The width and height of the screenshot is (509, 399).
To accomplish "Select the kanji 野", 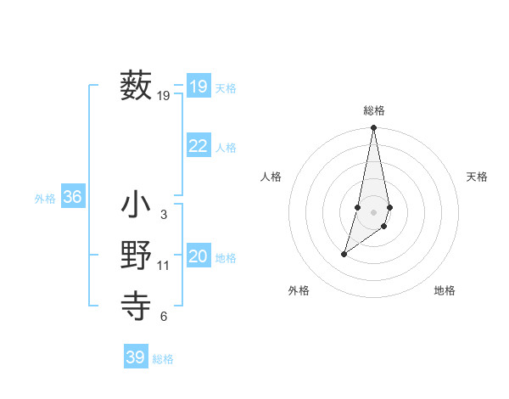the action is (x=136, y=256).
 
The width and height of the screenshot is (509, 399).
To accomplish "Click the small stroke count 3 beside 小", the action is (x=163, y=215).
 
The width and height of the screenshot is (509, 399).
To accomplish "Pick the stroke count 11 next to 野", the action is (x=163, y=266).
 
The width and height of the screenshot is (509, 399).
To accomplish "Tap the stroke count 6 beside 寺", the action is (x=163, y=317).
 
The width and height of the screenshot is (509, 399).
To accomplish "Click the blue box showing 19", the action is (x=198, y=87).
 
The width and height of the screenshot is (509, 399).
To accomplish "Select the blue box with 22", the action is (x=198, y=146).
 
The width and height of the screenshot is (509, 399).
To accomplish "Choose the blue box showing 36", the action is (x=72, y=197).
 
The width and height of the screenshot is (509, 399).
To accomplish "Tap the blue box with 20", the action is (x=198, y=256).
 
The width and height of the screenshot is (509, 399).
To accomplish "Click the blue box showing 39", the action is (x=135, y=357).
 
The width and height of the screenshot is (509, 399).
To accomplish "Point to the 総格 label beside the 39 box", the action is (x=163, y=359).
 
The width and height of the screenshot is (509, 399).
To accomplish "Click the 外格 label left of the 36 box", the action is (x=45, y=199).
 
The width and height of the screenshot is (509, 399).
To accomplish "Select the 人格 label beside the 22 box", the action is (x=226, y=148).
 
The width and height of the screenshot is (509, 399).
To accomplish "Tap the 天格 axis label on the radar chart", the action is (x=477, y=177).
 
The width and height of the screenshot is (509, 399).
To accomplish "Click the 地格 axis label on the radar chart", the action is (x=445, y=290).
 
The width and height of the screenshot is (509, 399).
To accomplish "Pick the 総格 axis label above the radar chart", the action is (x=374, y=110).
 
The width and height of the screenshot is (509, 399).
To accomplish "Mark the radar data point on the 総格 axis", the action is (x=374, y=128).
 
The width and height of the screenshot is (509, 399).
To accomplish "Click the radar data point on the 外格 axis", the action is (x=344, y=254).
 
